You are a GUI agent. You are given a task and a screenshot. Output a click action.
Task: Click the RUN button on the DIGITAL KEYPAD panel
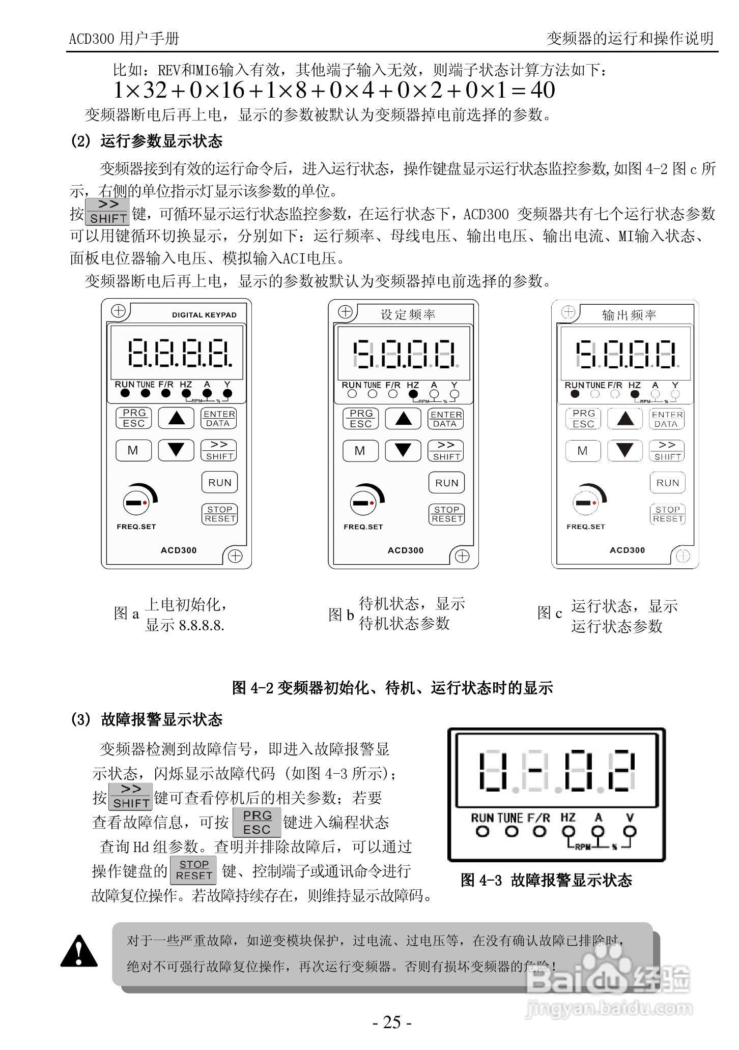click(219, 482)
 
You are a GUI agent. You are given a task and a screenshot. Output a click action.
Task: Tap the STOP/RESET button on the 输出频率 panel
click(668, 514)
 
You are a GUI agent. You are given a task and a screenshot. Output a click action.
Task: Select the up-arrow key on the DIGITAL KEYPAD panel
click(176, 418)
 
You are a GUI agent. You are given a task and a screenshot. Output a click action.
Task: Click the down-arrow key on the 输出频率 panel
click(625, 450)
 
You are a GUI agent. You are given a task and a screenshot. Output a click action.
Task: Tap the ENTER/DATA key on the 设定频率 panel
click(446, 419)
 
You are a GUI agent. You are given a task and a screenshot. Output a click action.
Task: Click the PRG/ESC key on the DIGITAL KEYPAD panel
click(134, 418)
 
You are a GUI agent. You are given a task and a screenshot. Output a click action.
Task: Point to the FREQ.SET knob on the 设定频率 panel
click(363, 503)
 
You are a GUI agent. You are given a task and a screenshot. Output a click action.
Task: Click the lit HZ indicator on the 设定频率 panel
click(413, 394)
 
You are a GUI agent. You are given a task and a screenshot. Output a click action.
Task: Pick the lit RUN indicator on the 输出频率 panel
click(575, 393)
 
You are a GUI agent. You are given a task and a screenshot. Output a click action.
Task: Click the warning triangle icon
click(79, 951)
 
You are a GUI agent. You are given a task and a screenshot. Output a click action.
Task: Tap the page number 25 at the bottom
click(391, 1022)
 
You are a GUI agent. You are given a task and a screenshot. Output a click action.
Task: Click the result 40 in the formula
click(542, 91)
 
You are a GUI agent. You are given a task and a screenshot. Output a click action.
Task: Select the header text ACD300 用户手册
click(124, 39)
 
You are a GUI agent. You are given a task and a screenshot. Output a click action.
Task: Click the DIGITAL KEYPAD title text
click(204, 315)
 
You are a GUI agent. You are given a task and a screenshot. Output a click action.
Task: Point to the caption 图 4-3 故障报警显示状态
click(546, 881)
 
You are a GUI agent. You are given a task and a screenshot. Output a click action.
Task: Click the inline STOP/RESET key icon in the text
click(193, 870)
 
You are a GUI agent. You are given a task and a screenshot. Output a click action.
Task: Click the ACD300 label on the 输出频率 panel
click(627, 550)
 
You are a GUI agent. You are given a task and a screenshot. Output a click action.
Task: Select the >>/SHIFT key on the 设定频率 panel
click(446, 450)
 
